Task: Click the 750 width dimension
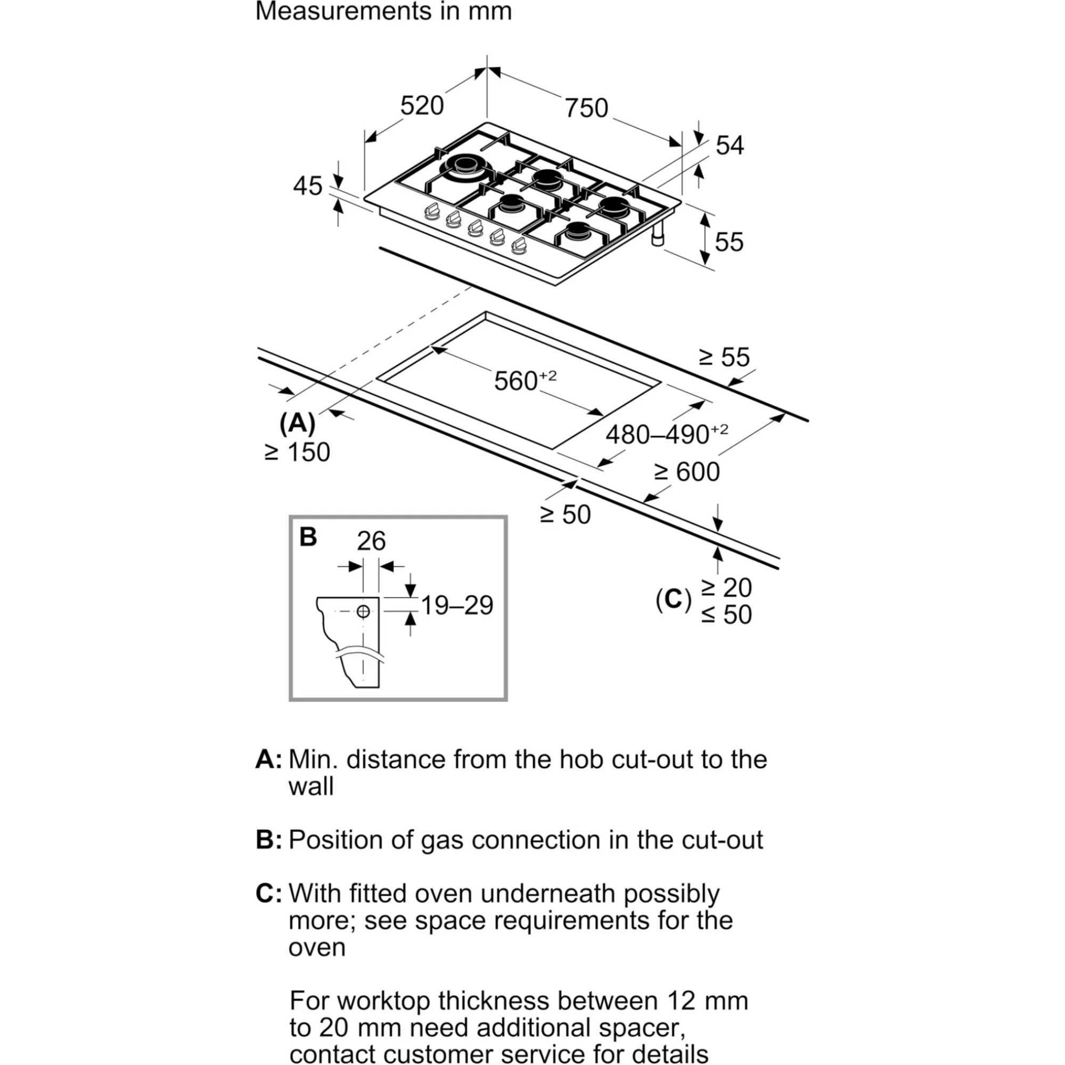tap(586, 109)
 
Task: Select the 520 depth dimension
tap(422, 106)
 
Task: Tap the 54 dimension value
tap(730, 145)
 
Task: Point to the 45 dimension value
tap(307, 186)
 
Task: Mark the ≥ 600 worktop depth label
tap(687, 472)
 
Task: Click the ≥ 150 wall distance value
tap(298, 453)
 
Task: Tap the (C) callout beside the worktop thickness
tap(673, 600)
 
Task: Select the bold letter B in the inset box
tap(308, 537)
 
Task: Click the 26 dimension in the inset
tap(371, 542)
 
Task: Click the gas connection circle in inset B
tap(363, 611)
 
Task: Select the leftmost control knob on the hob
tap(432, 211)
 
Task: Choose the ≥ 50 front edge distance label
tap(565, 515)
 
